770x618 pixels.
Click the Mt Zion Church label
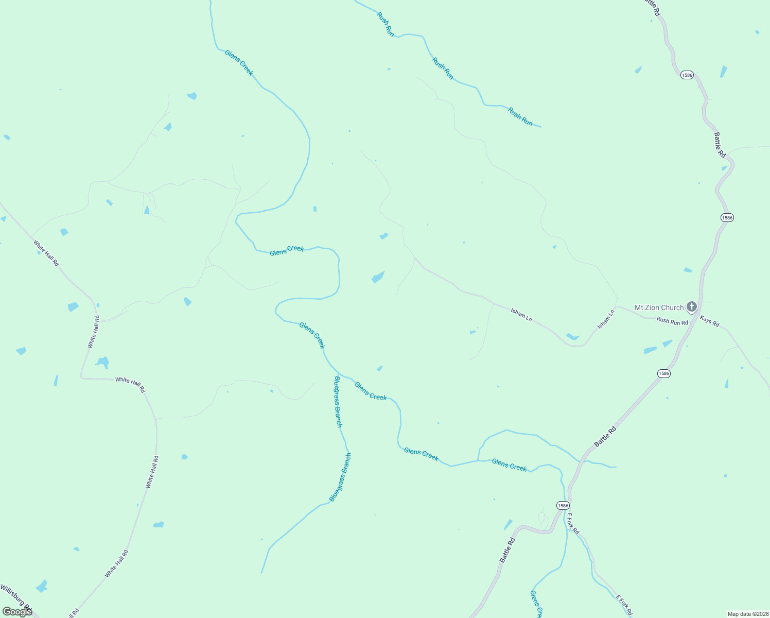point(659,307)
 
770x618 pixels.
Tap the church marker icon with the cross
point(692,307)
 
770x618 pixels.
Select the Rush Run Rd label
point(672,321)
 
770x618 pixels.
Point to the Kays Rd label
point(709,321)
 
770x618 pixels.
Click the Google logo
point(16,611)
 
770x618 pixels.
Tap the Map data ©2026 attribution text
point(747,614)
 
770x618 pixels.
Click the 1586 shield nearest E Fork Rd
point(563,505)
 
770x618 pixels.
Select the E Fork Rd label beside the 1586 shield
point(573,523)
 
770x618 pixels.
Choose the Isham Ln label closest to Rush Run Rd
point(606,319)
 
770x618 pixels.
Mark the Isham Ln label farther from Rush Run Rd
point(521,315)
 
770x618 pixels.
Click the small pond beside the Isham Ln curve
point(572,337)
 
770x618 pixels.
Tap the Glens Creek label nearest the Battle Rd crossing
point(509,465)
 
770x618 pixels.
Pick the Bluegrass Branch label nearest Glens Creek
point(338,401)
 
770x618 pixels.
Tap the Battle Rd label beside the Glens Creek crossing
point(605,437)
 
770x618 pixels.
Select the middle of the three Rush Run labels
point(443,68)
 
